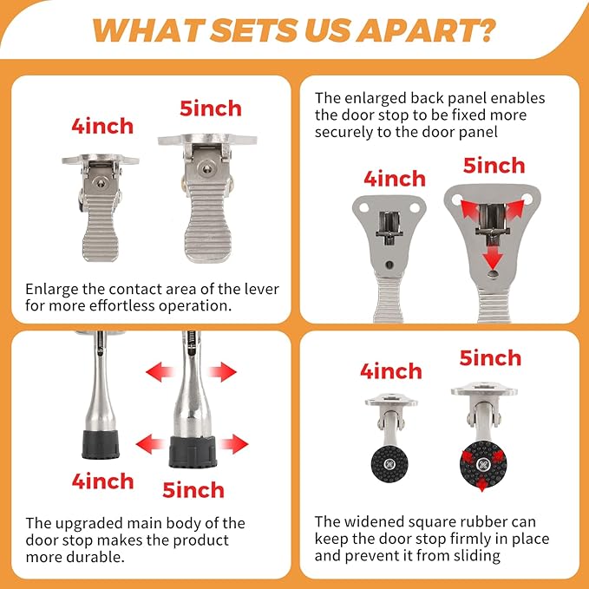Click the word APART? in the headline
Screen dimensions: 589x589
point(427,29)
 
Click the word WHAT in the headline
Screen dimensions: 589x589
point(148,29)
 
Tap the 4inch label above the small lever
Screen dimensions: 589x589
point(102,127)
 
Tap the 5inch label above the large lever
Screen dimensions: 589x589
point(211,108)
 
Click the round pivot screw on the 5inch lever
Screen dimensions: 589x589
point(206,168)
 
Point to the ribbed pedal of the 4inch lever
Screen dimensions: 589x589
point(101,228)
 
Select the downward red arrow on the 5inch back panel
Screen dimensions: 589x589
point(493,256)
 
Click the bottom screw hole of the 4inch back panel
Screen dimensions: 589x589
point(389,265)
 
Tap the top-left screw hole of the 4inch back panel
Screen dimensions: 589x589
point(363,207)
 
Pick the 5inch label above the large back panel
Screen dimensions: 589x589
point(494,166)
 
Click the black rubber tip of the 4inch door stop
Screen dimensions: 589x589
point(101,444)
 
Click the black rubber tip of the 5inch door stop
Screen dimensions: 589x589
point(193,452)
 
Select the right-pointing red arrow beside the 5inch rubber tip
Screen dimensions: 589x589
point(234,444)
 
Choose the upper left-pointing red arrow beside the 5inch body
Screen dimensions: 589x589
point(160,372)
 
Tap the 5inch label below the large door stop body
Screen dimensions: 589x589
point(193,490)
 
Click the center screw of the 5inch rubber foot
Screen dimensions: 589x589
point(483,465)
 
